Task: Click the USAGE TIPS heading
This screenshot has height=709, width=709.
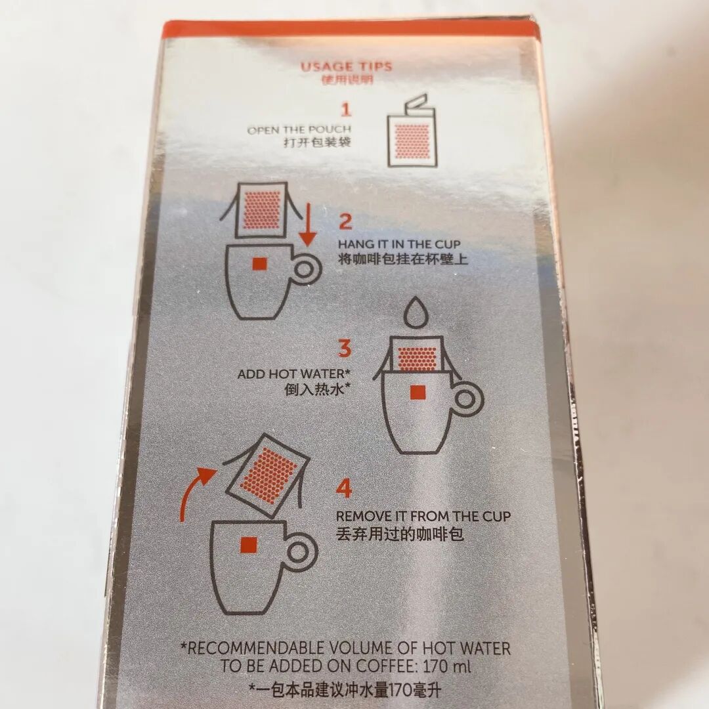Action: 346,66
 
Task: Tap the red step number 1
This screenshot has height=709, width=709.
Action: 346,108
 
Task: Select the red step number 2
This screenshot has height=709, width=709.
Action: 345,221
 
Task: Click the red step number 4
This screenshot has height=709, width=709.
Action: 343,489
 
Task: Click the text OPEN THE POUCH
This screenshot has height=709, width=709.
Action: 299,130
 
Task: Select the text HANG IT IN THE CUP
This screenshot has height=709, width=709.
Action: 403,244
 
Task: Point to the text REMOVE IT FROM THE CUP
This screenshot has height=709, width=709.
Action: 423,517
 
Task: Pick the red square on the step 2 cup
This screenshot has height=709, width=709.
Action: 259,264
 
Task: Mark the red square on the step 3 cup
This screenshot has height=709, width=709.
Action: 416,393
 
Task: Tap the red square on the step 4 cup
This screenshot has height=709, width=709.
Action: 248,544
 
